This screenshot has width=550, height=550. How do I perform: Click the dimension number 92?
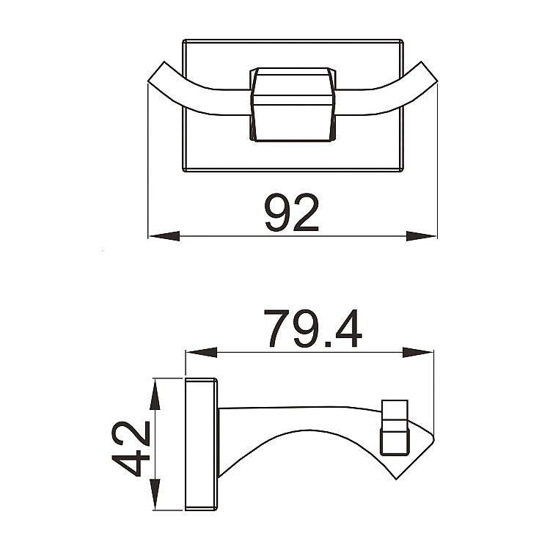pyautogui.click(x=292, y=213)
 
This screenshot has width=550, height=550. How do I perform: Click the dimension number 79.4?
pyautogui.click(x=312, y=329)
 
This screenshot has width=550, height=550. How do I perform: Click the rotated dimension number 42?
pyautogui.click(x=131, y=449)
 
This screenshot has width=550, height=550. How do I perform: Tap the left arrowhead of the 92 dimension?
pyautogui.click(x=164, y=236)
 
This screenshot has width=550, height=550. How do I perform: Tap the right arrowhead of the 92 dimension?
pyautogui.click(x=421, y=236)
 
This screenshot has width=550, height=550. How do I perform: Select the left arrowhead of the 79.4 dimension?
pyautogui.click(x=202, y=353)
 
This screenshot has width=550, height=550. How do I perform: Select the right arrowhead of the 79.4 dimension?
pyautogui.click(x=418, y=353)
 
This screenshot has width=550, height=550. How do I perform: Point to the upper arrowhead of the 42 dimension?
pyautogui.click(x=155, y=395)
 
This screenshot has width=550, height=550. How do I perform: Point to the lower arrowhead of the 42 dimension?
pyautogui.click(x=155, y=494)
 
